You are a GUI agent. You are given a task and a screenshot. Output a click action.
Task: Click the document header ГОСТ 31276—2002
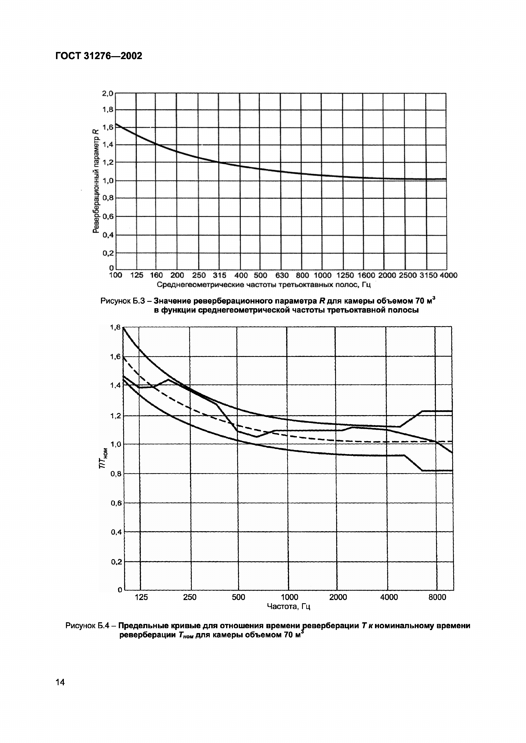coord(99,56)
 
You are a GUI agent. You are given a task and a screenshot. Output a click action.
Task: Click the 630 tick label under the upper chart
coord(282,275)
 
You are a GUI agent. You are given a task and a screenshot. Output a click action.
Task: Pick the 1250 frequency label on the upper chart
coord(346,275)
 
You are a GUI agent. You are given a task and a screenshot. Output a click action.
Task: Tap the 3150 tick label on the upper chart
coord(428,275)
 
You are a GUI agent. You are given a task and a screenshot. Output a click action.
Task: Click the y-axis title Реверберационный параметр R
coord(96,181)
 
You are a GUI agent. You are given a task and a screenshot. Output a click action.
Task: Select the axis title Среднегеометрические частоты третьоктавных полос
coord(263,285)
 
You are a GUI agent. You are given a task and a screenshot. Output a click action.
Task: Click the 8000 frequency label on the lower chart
coord(437,597)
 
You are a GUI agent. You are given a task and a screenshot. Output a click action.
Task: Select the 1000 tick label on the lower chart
coord(290,597)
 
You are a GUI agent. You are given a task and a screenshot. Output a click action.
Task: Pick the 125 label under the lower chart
coord(141,597)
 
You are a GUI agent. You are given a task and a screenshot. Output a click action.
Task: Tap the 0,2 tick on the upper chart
coord(108,253)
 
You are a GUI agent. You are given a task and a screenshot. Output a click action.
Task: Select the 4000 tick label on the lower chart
coord(389,597)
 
